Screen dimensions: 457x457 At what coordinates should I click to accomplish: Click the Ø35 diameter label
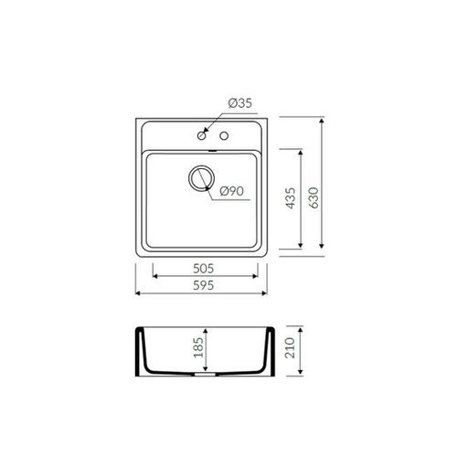(x=240, y=103)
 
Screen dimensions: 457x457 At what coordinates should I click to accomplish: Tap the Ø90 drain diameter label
(x=231, y=191)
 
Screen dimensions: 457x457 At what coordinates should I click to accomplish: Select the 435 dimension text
(x=291, y=198)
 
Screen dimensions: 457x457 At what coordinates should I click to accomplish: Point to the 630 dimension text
(x=314, y=197)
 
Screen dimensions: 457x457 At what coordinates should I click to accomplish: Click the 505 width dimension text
(x=204, y=269)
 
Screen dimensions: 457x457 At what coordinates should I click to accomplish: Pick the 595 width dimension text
(x=204, y=285)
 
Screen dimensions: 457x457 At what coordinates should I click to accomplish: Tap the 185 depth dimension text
(x=198, y=347)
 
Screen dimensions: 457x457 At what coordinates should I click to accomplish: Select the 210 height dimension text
(x=290, y=347)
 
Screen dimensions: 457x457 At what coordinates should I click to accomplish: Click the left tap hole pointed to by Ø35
(x=201, y=135)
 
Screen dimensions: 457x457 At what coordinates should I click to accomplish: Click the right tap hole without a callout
(x=224, y=135)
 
